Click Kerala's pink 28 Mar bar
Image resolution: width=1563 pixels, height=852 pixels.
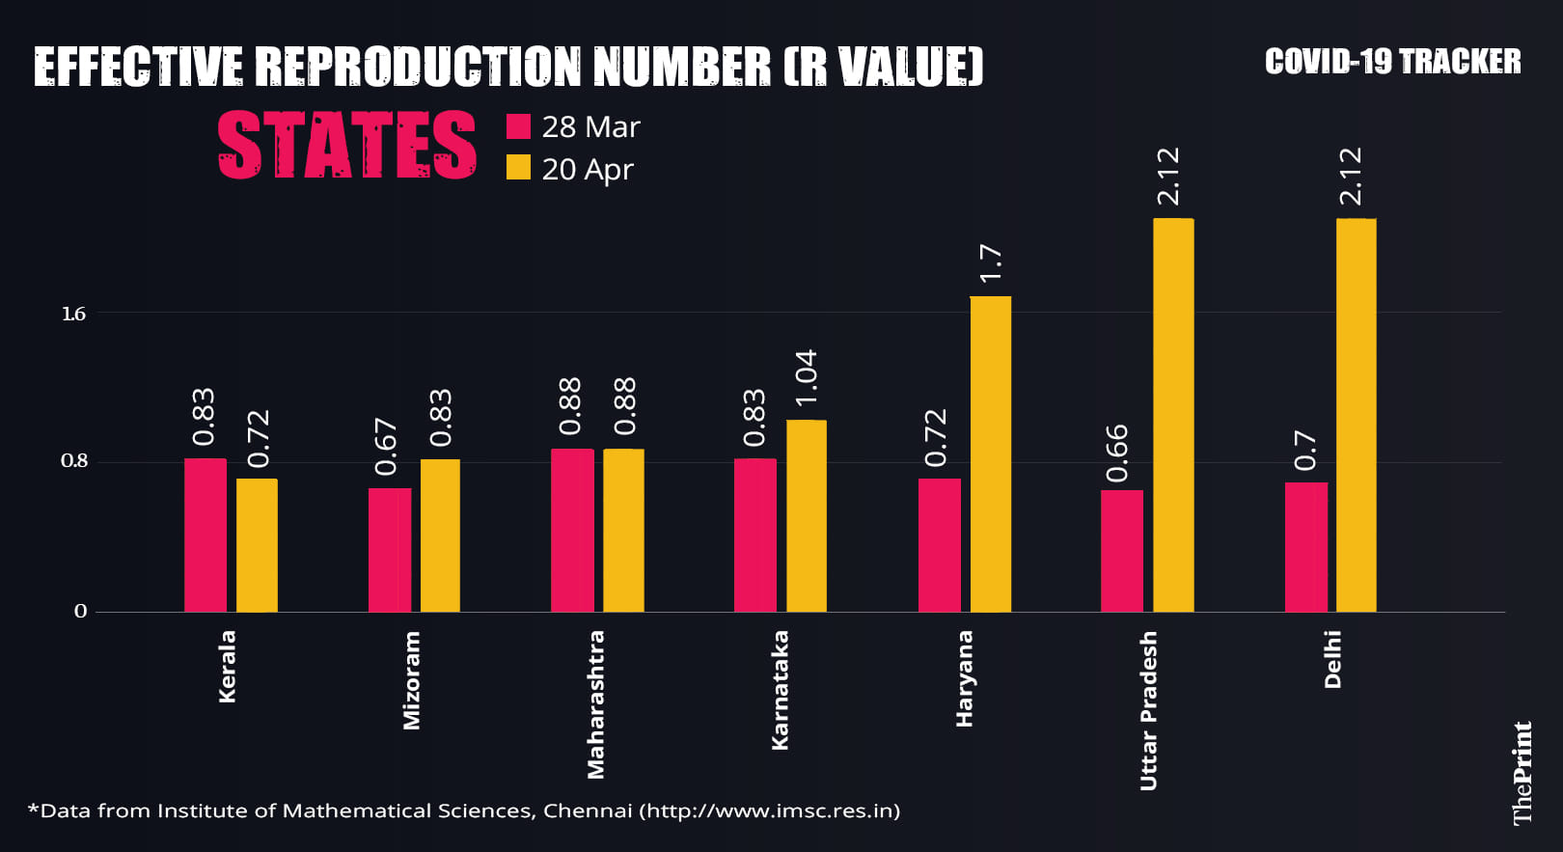(x=206, y=536)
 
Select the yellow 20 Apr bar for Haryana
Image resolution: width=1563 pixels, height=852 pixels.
(x=991, y=453)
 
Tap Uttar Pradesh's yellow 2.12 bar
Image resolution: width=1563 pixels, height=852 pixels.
(x=1173, y=415)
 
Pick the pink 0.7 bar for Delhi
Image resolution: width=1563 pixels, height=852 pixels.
(x=1305, y=547)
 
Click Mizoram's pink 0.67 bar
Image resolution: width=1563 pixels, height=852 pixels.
(x=389, y=550)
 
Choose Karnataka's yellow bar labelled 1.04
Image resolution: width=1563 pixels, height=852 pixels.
(x=807, y=516)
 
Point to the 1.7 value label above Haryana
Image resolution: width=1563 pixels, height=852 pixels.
(x=991, y=264)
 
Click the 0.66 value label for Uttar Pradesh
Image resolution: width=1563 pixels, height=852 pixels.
(x=1117, y=453)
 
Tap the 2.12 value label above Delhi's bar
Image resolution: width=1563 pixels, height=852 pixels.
(x=1352, y=176)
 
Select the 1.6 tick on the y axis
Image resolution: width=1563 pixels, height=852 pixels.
(x=73, y=314)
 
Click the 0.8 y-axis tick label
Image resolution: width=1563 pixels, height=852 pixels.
(x=73, y=460)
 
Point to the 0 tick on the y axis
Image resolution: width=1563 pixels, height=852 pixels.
(x=80, y=611)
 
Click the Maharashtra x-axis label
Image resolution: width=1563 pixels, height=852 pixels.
(x=596, y=704)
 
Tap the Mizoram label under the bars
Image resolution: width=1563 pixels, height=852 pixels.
(x=412, y=680)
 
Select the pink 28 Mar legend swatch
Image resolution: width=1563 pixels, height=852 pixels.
(x=518, y=126)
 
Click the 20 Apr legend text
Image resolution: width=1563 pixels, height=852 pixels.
(x=587, y=170)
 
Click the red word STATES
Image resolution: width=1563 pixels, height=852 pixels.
(x=346, y=145)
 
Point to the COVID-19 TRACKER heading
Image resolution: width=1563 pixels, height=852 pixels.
(x=1392, y=62)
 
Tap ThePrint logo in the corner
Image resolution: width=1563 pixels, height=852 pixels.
(x=1522, y=773)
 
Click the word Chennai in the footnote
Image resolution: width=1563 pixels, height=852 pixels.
(x=587, y=811)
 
